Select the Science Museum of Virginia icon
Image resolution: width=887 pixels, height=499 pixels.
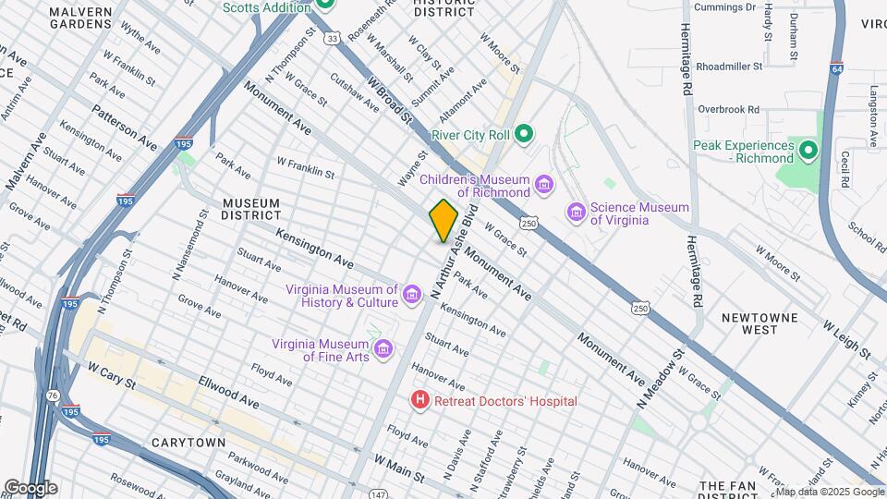coord(577,213)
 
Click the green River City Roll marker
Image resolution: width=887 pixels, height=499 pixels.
coord(524,135)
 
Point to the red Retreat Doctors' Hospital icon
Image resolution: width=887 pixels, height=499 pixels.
coord(420,401)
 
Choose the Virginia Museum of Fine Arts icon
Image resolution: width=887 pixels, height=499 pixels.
coord(383,351)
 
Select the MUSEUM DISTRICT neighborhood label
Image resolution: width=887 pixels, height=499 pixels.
coord(250,209)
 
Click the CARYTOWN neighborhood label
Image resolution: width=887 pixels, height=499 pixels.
coord(188,443)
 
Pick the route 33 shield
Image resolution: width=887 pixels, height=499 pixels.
coord(333,38)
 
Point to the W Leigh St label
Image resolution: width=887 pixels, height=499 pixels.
coord(847,340)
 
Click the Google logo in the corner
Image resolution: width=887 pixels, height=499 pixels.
coord(30,487)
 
